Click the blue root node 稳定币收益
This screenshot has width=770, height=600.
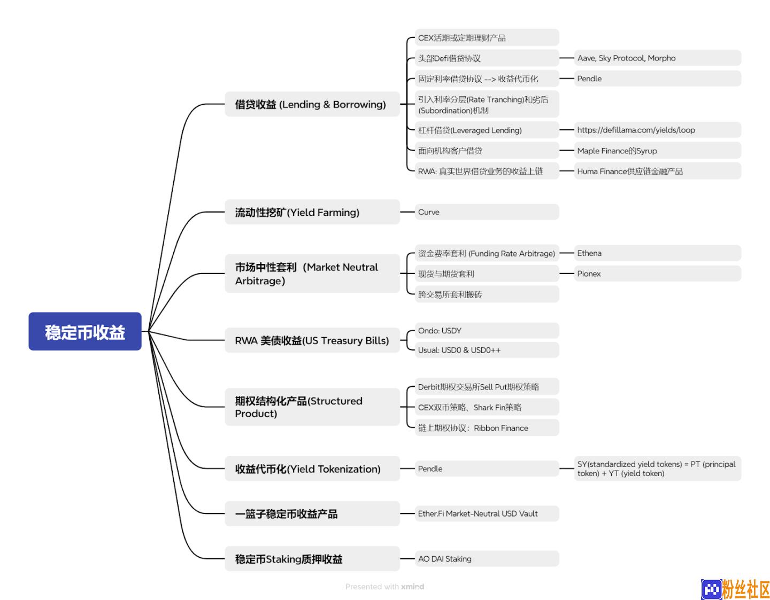click(84, 331)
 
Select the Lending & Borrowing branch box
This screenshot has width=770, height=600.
click(312, 104)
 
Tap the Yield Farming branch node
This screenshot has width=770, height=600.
click(312, 212)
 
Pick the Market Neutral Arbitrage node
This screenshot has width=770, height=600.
click(312, 273)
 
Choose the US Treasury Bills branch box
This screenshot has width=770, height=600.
click(312, 340)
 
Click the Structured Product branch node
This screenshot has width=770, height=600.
click(312, 407)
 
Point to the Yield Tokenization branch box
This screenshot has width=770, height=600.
click(312, 469)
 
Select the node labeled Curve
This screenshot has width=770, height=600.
click(487, 212)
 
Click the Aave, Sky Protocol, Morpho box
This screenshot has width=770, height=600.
click(657, 58)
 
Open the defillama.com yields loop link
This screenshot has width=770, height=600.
click(657, 130)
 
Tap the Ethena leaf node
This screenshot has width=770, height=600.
click(657, 253)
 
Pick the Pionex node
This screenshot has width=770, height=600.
click(657, 274)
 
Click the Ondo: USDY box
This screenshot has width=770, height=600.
click(487, 330)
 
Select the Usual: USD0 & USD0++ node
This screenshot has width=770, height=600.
click(487, 350)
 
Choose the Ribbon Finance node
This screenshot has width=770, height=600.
click(487, 427)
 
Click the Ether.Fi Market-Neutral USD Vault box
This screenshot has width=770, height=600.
click(487, 513)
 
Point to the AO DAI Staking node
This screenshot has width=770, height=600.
click(487, 558)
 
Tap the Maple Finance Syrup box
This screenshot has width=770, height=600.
click(657, 151)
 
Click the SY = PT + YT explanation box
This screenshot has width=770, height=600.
click(657, 469)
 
